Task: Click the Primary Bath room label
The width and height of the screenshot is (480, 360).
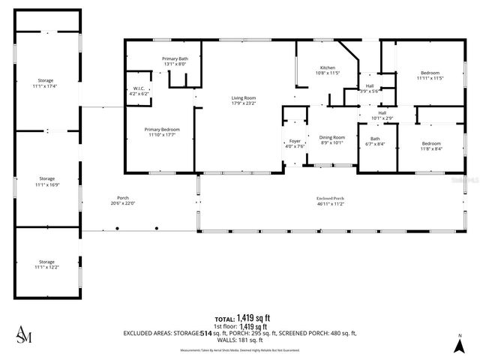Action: pyautogui.click(x=175, y=61)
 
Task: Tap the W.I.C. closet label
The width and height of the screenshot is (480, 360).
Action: pyautogui.click(x=138, y=91)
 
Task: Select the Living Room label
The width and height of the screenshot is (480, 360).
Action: pyautogui.click(x=243, y=100)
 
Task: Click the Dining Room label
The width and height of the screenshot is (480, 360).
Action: pyautogui.click(x=331, y=139)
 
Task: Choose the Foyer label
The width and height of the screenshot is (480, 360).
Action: pyautogui.click(x=295, y=143)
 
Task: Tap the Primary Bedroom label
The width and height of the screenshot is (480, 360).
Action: pyautogui.click(x=162, y=131)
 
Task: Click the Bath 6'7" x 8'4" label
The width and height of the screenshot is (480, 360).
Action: pyautogui.click(x=374, y=141)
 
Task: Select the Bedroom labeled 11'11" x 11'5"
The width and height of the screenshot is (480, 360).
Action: pyautogui.click(x=430, y=75)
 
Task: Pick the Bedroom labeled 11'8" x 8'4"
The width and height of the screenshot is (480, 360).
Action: pyautogui.click(x=430, y=145)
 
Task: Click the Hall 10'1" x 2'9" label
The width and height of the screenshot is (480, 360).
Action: pyautogui.click(x=382, y=115)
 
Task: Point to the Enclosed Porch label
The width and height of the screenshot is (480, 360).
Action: pyautogui.click(x=330, y=200)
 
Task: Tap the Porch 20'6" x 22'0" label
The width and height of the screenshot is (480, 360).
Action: pyautogui.click(x=122, y=200)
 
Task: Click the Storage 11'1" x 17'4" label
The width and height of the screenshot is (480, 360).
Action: pyautogui.click(x=46, y=83)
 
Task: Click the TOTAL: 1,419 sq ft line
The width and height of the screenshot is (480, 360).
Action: pyautogui.click(x=241, y=318)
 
